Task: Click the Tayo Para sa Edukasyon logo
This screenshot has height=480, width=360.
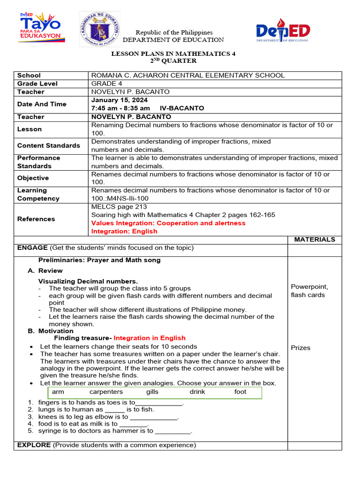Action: pyautogui.click(x=40, y=28)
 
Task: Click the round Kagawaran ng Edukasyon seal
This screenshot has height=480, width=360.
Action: pyautogui.click(x=99, y=29)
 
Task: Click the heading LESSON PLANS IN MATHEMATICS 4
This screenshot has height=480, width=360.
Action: pyautogui.click(x=173, y=54)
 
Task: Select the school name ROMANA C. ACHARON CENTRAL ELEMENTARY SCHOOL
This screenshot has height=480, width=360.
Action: pyautogui.click(x=187, y=75)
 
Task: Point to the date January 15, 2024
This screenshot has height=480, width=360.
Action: pyautogui.click(x=119, y=100)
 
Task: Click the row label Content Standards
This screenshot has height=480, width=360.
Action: pyautogui.click(x=48, y=146)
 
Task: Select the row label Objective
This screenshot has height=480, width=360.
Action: pyautogui.click(x=33, y=178)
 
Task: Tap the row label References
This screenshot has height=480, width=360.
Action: pyautogui.click(x=36, y=219)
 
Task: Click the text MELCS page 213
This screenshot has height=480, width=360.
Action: pyautogui.click(x=119, y=207)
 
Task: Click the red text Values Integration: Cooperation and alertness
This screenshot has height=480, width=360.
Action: pyautogui.click(x=168, y=223)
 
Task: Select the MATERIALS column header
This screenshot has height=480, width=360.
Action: pyautogui.click(x=314, y=240)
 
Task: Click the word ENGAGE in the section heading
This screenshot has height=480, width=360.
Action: pyautogui.click(x=32, y=248)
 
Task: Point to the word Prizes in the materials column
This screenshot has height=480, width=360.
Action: pyautogui.click(x=300, y=348)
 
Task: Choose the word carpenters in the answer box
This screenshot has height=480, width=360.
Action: pyautogui.click(x=106, y=392)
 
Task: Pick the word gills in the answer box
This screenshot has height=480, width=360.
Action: pyautogui.click(x=152, y=392)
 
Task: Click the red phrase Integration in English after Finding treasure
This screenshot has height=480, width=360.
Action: pyautogui.click(x=150, y=338)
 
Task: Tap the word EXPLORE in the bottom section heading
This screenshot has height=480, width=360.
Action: pyautogui.click(x=34, y=445)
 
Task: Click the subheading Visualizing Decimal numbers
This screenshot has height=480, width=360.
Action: pyautogui.click(x=88, y=281)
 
